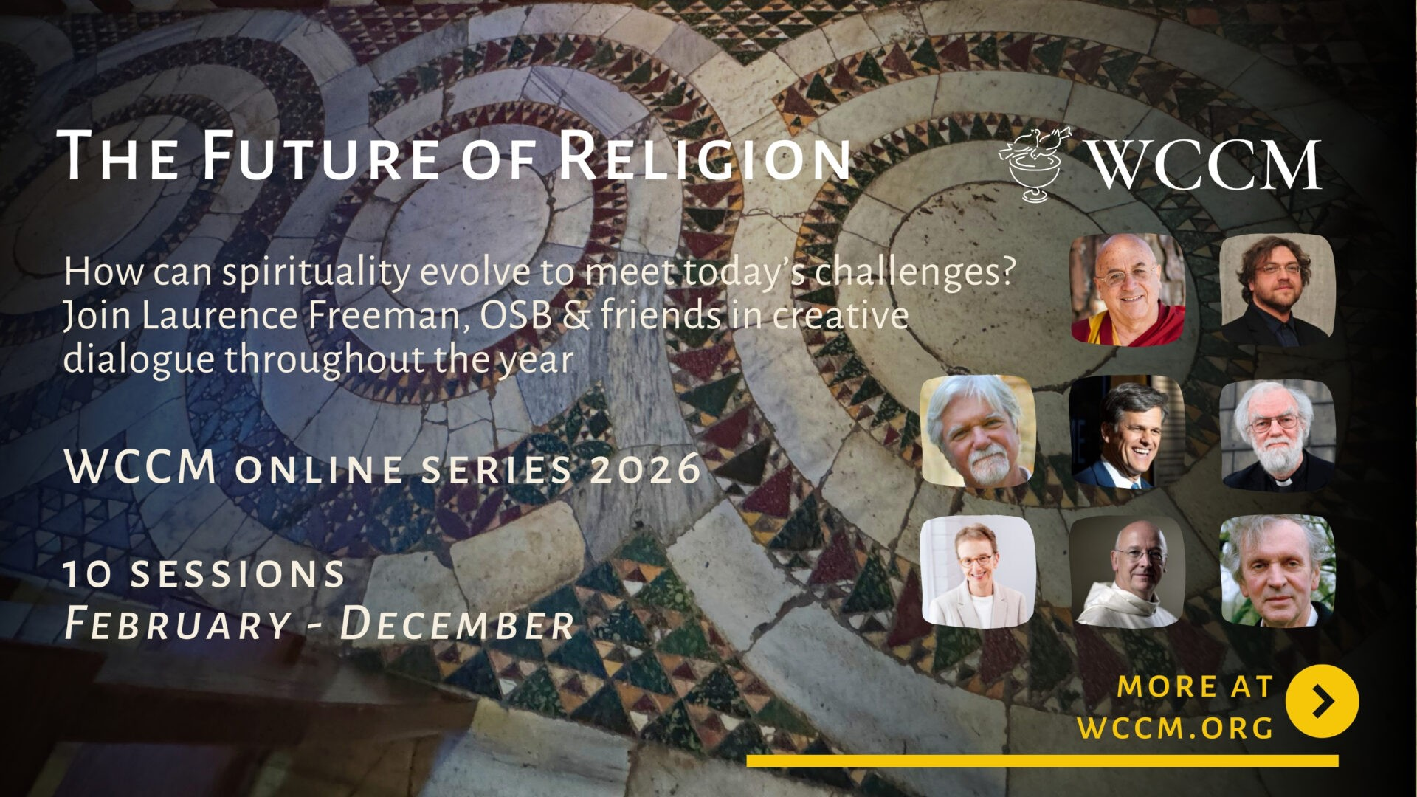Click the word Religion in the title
[x=704, y=156]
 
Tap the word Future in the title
[x=319, y=156]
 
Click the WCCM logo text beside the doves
[x=1204, y=164]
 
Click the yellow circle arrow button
[x=1322, y=701]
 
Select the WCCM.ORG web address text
[x=1176, y=728]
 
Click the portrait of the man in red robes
[x=1128, y=289]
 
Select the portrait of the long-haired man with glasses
[x=1278, y=289]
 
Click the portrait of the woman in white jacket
[x=978, y=570]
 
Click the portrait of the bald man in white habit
[x=1127, y=570]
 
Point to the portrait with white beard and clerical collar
[x=1278, y=433]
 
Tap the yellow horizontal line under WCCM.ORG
[x=1042, y=760]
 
